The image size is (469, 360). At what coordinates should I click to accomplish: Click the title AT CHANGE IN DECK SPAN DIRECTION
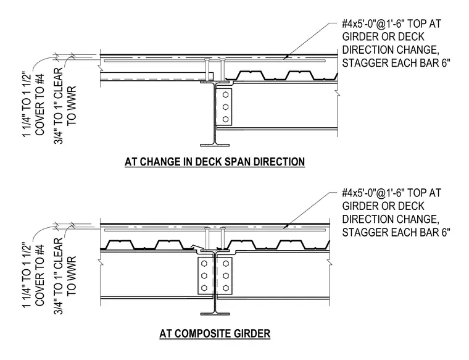215,162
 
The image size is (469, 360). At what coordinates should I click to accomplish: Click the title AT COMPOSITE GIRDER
215,333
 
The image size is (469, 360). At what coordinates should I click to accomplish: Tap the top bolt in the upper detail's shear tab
225,95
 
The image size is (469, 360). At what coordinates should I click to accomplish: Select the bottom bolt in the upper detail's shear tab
225,119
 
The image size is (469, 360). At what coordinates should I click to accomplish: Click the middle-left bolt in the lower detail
204,275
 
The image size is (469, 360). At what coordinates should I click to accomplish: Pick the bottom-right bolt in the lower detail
226,288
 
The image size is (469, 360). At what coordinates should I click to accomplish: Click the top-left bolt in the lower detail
204,263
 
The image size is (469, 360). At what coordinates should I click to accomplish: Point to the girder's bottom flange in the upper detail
215,145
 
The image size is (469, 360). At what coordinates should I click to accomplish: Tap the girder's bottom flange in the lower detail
215,314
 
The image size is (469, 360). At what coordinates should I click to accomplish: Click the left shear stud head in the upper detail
207,59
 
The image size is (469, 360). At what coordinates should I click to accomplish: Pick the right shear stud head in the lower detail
223,228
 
